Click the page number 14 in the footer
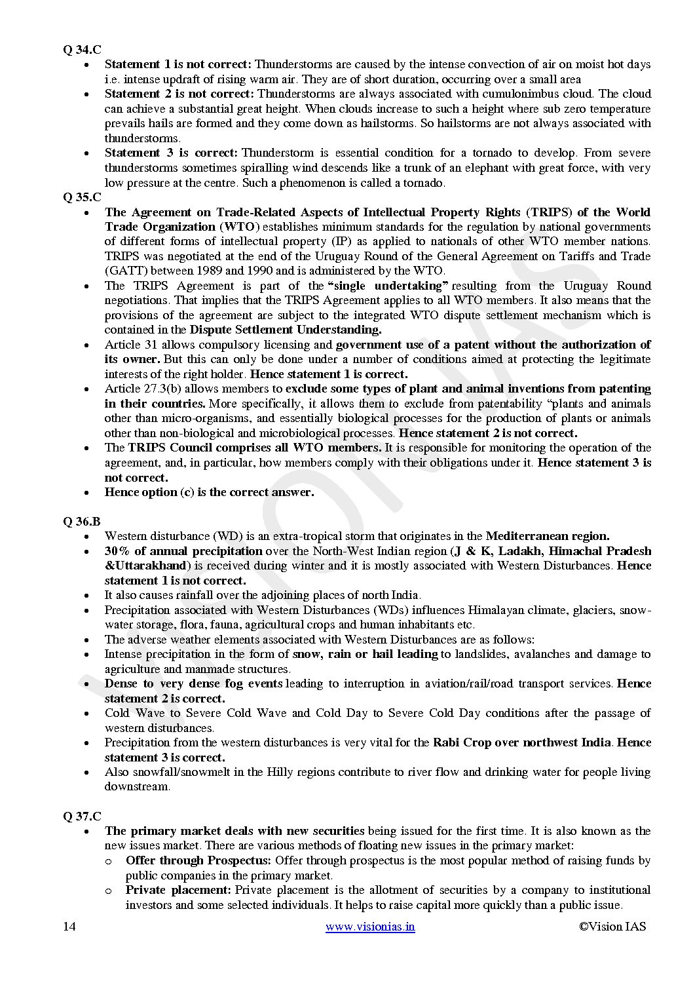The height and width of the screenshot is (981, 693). click(69, 926)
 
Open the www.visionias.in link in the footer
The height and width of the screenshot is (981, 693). click(370, 926)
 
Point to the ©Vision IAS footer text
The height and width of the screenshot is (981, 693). click(612, 926)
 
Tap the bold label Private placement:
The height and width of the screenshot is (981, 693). click(178, 890)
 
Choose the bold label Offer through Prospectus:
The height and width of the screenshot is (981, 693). click(198, 860)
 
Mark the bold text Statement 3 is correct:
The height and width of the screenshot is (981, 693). click(171, 153)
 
